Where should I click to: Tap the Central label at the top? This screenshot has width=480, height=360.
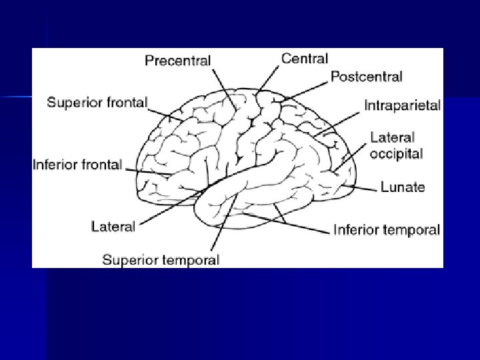pos(303,59)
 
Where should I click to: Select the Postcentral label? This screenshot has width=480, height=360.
pos(366,77)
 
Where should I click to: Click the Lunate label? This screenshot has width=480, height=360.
pos(402,187)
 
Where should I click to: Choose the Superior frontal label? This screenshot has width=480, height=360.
pos(97,103)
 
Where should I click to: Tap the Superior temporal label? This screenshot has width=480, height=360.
pos(160,260)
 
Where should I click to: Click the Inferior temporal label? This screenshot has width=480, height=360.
pos(387,231)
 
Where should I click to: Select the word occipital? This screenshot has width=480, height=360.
pos(397,153)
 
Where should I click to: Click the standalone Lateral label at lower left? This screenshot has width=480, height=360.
pos(113,226)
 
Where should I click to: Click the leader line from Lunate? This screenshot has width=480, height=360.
pos(363,189)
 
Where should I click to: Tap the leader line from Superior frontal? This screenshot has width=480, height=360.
pos(163,113)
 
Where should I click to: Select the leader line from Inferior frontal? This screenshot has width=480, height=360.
pos(150,172)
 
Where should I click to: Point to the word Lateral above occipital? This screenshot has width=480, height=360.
pos(393,138)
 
